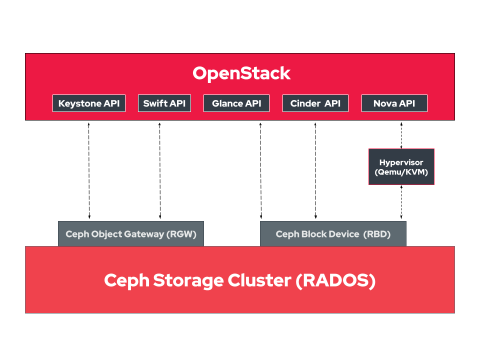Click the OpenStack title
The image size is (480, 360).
click(241, 73)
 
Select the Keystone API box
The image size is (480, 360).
click(89, 103)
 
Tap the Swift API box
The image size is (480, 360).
click(164, 103)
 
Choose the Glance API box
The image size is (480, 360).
click(236, 103)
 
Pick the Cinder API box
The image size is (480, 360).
click(315, 103)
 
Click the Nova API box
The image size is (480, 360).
click(394, 103)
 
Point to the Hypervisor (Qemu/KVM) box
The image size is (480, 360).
click(401, 167)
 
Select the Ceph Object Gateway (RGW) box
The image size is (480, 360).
click(131, 234)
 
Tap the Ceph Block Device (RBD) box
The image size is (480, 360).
click(333, 234)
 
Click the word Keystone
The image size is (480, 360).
click(80, 103)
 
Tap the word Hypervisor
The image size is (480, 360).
click(401, 162)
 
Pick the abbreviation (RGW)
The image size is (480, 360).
click(181, 234)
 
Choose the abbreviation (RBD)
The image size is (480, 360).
click(377, 234)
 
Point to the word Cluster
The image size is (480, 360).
click(259, 280)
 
